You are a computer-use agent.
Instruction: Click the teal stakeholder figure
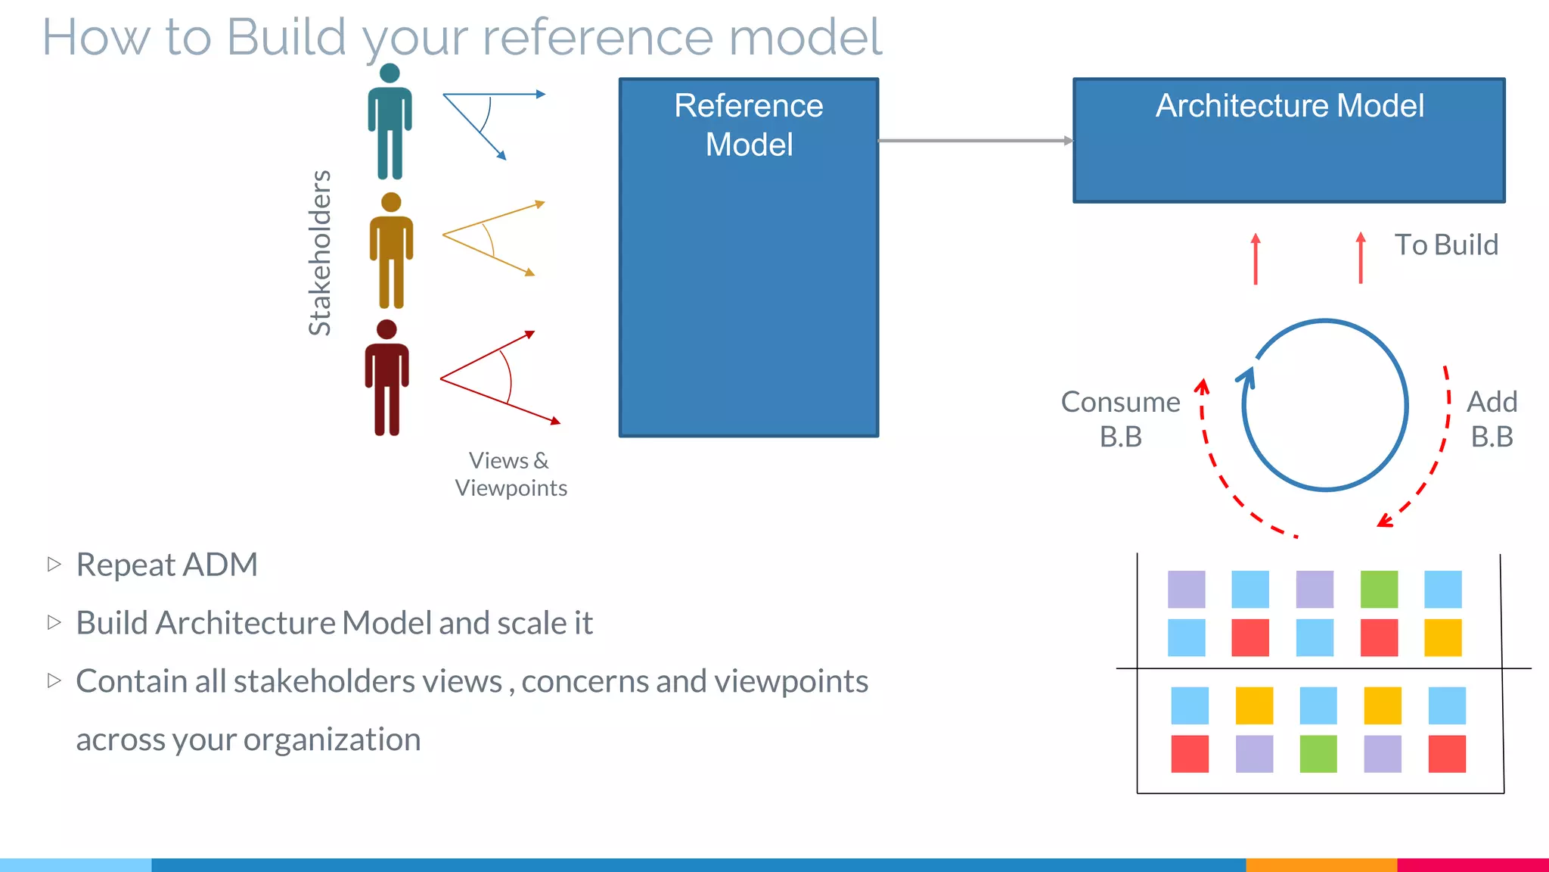[390, 125]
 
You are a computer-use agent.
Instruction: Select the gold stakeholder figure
[391, 254]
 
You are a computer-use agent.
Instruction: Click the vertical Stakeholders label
[320, 252]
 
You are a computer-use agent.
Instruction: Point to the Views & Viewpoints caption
[511, 474]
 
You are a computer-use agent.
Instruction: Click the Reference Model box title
[749, 125]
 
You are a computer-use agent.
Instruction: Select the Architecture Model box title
[1290, 105]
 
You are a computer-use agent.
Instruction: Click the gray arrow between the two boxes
[975, 141]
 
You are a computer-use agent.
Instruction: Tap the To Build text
[1446, 244]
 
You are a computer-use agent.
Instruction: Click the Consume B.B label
[1120, 419]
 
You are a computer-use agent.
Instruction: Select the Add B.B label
[1492, 419]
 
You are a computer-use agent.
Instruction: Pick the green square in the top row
[1379, 590]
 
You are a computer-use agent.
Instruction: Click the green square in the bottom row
[1318, 754]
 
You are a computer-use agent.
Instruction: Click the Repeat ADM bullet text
[166, 565]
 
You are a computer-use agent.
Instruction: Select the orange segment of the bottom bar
[1321, 864]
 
